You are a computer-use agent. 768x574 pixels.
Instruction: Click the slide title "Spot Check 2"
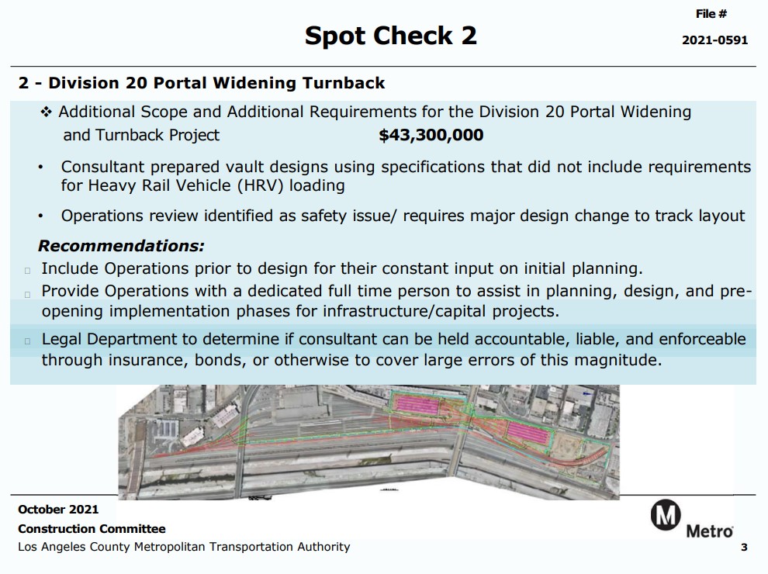coord(390,36)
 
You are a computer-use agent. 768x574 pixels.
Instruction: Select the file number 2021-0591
coord(714,40)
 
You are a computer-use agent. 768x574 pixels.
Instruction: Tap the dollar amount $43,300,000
coord(431,135)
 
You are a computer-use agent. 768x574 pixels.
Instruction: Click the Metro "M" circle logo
coord(665,515)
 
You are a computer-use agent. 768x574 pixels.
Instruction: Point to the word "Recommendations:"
coord(122,246)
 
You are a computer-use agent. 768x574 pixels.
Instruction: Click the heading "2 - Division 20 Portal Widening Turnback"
coord(202,83)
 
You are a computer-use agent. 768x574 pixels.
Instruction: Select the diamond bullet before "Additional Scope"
coord(46,112)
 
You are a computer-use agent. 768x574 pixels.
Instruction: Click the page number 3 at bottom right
coord(744,547)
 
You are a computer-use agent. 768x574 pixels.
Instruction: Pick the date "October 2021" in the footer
coord(58,510)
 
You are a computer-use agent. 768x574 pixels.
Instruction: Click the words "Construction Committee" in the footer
coord(92,529)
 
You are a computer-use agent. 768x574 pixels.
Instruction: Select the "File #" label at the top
coord(711,14)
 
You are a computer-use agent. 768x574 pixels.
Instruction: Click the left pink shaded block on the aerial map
coord(417,405)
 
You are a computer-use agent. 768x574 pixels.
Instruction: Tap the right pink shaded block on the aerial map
coord(528,433)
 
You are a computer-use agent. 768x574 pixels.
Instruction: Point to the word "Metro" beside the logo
coord(710,531)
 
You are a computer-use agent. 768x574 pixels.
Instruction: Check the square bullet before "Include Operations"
coord(27,271)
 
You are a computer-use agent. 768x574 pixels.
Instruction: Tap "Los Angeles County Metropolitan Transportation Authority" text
coord(184,547)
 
